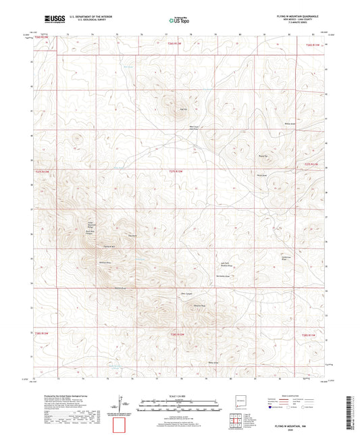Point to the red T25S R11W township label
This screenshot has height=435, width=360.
[310, 163]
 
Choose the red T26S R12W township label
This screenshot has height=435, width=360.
[176, 333]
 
